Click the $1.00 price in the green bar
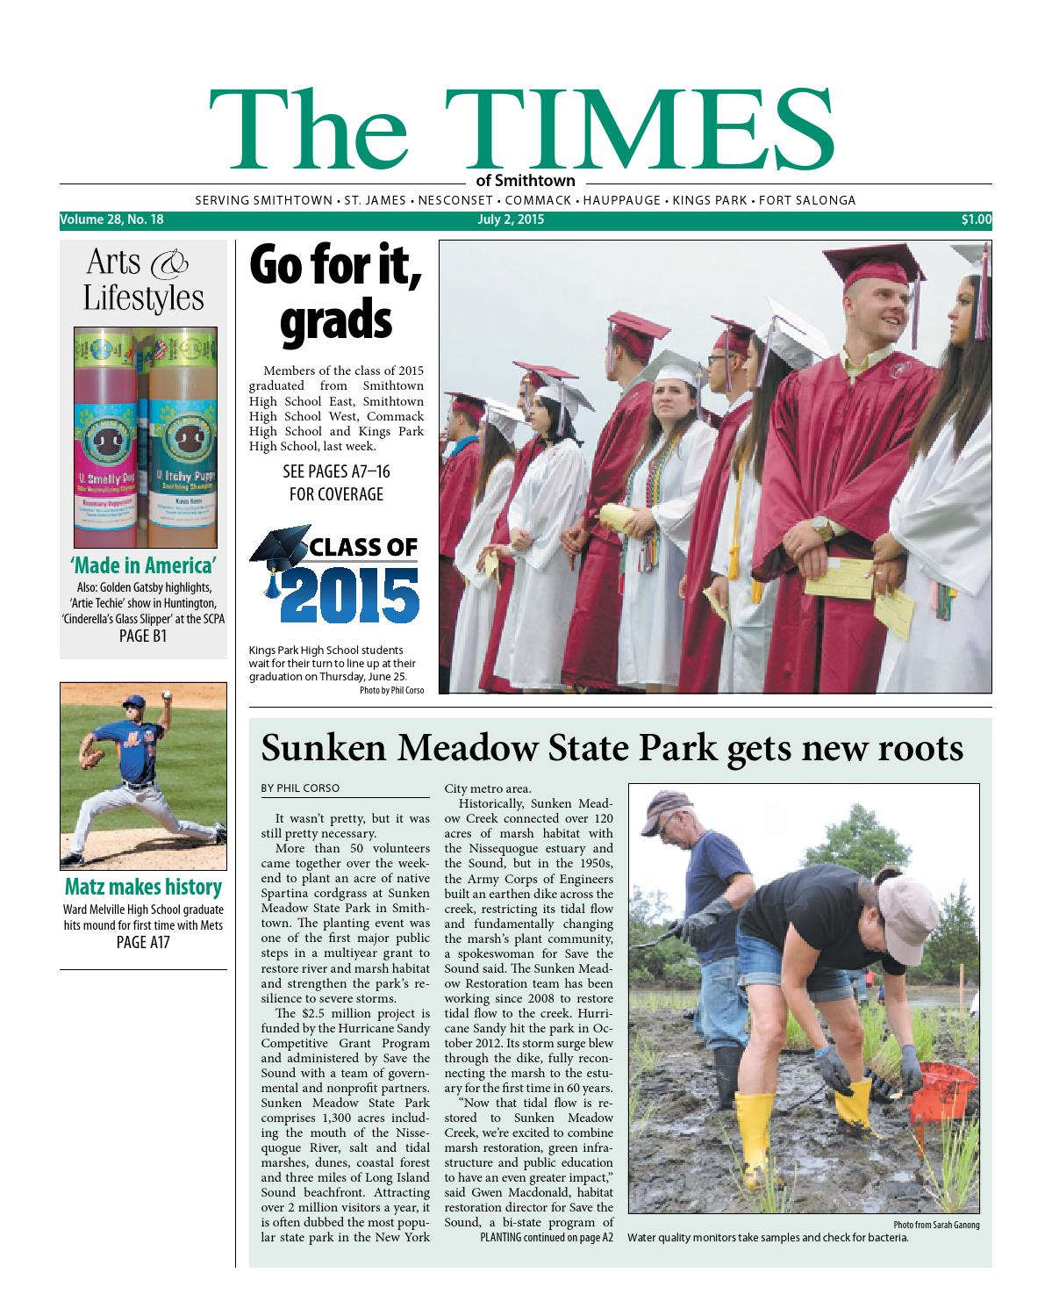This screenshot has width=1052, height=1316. click(x=976, y=220)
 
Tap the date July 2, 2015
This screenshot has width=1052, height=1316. click(x=511, y=220)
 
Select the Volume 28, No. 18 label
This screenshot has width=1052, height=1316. click(x=112, y=220)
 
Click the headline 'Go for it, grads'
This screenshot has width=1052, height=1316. click(x=336, y=292)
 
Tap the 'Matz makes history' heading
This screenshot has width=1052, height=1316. click(x=143, y=887)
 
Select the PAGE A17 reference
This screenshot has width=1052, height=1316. click(x=143, y=943)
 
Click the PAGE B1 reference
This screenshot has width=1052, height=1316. click(x=143, y=636)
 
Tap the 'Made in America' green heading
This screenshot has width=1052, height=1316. click(x=143, y=565)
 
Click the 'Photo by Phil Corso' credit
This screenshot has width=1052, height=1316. click(x=391, y=691)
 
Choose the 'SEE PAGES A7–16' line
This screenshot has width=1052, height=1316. click(x=336, y=472)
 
